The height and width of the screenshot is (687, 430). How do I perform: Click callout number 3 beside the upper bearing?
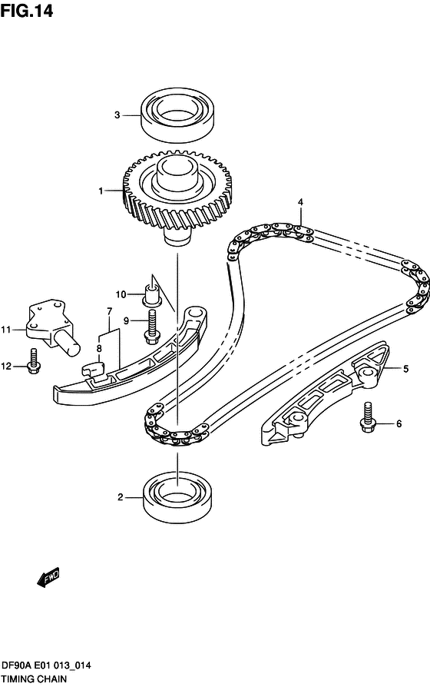pyautogui.click(x=117, y=115)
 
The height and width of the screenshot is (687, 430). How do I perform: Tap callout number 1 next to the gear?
pyautogui.click(x=101, y=191)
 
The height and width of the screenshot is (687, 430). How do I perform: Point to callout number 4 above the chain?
pyautogui.click(x=301, y=202)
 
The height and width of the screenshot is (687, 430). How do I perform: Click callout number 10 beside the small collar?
pyautogui.click(x=121, y=294)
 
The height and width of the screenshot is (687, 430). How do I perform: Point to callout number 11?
pyautogui.click(x=7, y=330)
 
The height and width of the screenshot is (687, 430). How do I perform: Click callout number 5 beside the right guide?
pyautogui.click(x=406, y=369)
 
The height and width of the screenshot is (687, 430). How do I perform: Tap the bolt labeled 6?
pyautogui.click(x=368, y=417)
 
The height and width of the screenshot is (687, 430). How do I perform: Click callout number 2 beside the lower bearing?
pyautogui.click(x=120, y=497)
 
